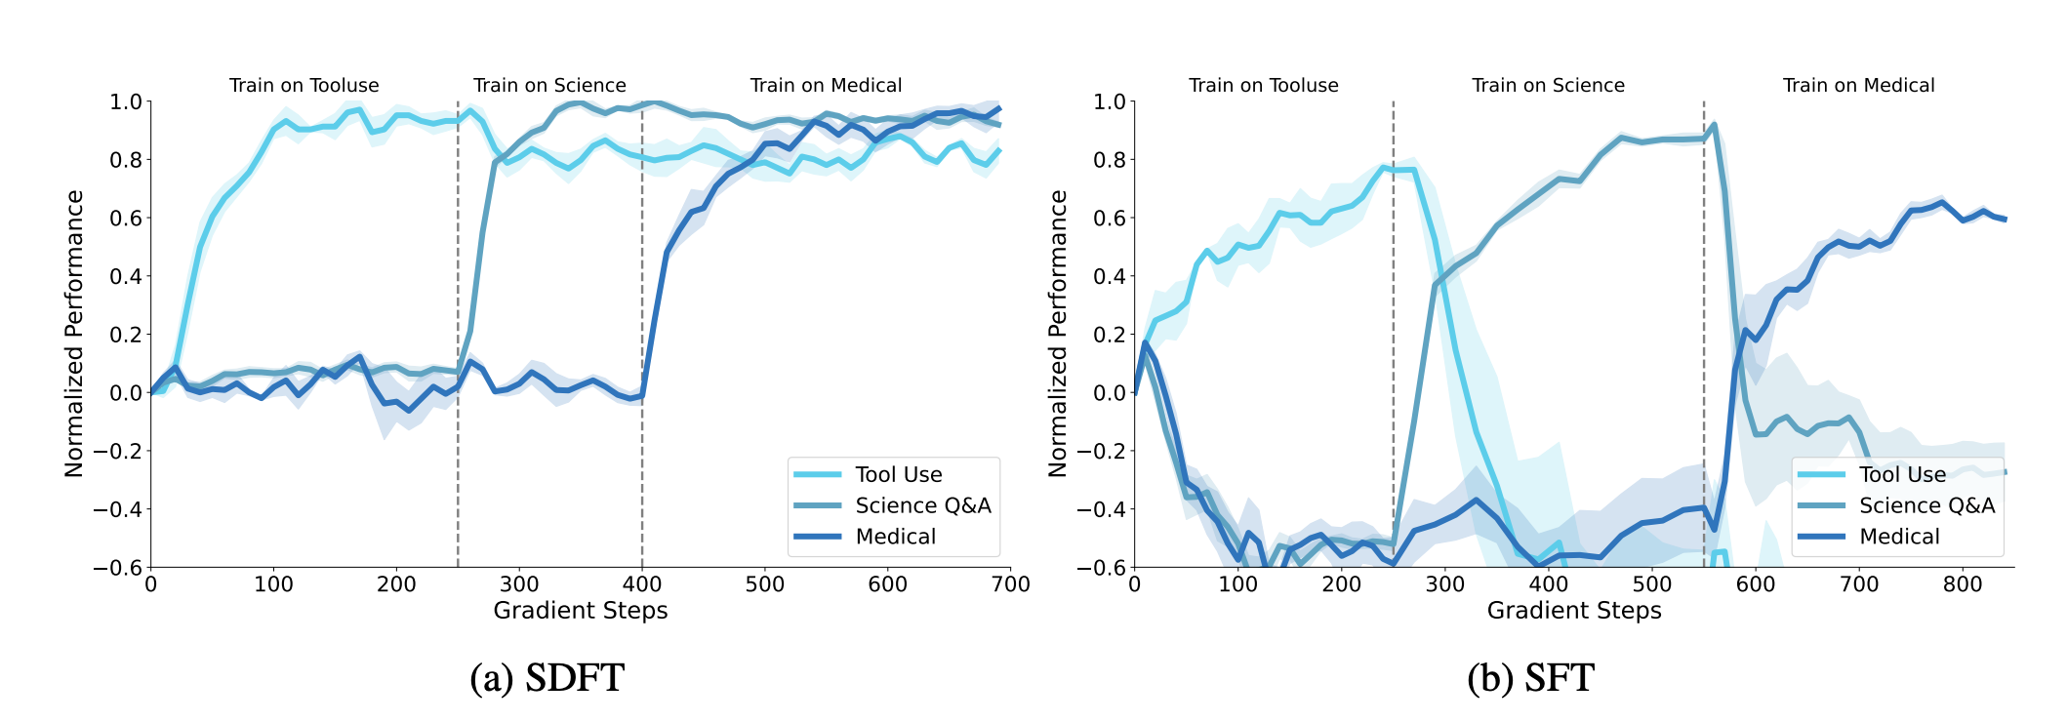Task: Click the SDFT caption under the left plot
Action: coord(547,677)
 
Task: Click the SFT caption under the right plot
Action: coord(1530,677)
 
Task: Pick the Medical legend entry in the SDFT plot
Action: coord(895,537)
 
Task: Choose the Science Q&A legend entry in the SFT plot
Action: coord(1926,505)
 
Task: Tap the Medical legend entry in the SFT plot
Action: coord(1899,537)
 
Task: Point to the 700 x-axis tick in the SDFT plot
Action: coord(1010,584)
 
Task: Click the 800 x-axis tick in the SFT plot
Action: coord(1963,584)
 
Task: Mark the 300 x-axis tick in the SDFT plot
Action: coord(518,584)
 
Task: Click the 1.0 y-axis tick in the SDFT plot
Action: coord(126,101)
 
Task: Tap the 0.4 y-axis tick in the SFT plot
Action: coord(1110,276)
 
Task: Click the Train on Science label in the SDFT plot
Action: coord(549,86)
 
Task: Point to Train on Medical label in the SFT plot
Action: coord(1858,86)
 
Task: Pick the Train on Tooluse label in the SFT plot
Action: coord(1263,86)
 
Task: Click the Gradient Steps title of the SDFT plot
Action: coord(581,611)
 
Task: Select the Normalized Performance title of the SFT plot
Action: coord(1058,334)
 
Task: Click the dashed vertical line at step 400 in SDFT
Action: coord(642,293)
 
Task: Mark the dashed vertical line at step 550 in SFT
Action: coord(1704,293)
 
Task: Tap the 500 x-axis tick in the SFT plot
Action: coord(1652,584)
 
